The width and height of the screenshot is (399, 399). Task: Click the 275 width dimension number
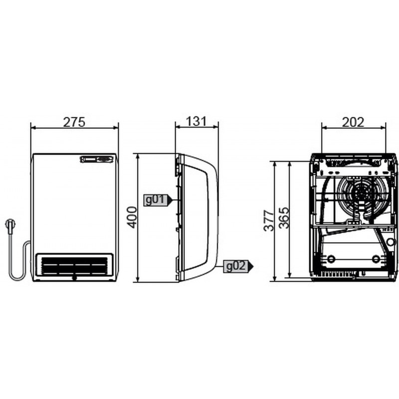point(74,122)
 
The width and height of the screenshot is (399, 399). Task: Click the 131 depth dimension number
point(197,121)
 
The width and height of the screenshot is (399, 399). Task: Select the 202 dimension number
point(353,122)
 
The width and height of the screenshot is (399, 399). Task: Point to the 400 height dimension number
point(132,217)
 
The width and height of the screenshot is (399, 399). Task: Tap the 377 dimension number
point(269,220)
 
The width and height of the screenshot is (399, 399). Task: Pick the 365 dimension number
point(284,218)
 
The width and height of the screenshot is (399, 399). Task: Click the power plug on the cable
point(10,226)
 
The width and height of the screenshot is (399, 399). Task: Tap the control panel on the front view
point(97,159)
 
